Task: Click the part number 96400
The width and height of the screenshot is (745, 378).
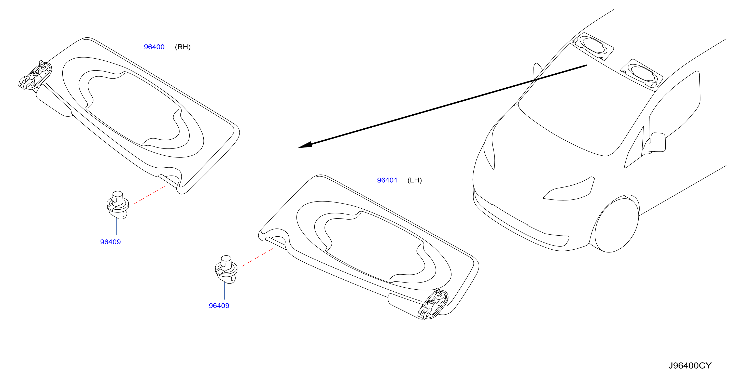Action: [x=154, y=47]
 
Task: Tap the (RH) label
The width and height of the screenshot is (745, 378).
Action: [x=183, y=47]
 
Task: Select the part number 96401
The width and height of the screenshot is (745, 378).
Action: [x=387, y=180]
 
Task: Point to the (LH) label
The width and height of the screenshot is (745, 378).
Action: [x=415, y=180]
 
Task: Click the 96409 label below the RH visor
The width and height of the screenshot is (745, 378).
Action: [x=110, y=242]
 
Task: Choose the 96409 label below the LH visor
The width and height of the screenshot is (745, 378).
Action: [x=219, y=306]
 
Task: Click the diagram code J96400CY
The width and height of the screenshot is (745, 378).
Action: [x=690, y=366]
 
